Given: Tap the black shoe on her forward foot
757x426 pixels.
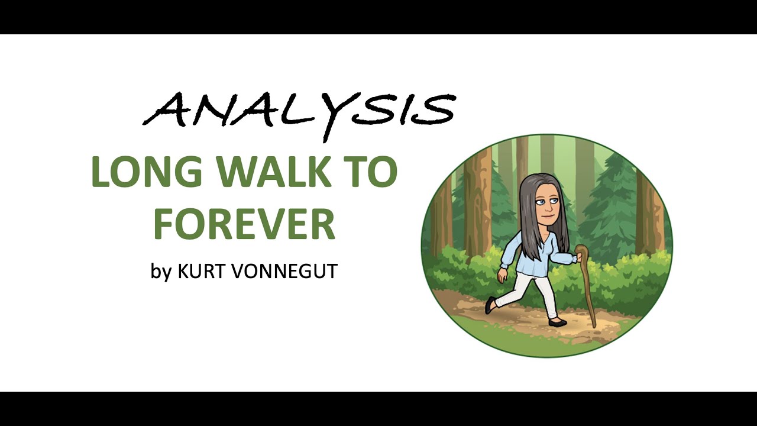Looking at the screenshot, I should [557, 322].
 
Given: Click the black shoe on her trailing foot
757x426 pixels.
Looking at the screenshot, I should [490, 305].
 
